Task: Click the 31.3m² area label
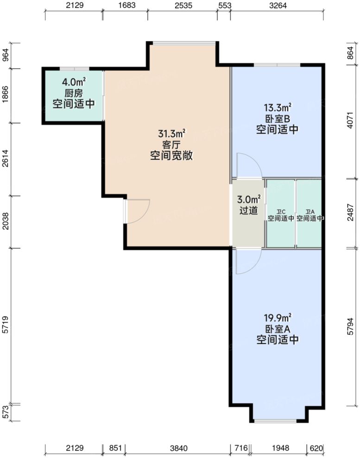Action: pos(171,134)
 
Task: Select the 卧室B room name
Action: pos(277,119)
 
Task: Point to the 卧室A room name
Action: pos(277,329)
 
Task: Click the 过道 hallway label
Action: pos(248,210)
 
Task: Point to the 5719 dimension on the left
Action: pos(6,326)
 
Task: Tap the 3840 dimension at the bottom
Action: pos(177,448)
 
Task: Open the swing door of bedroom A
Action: pos(246,262)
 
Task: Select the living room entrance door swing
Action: pos(137,211)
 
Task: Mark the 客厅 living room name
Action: pos(171,145)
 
